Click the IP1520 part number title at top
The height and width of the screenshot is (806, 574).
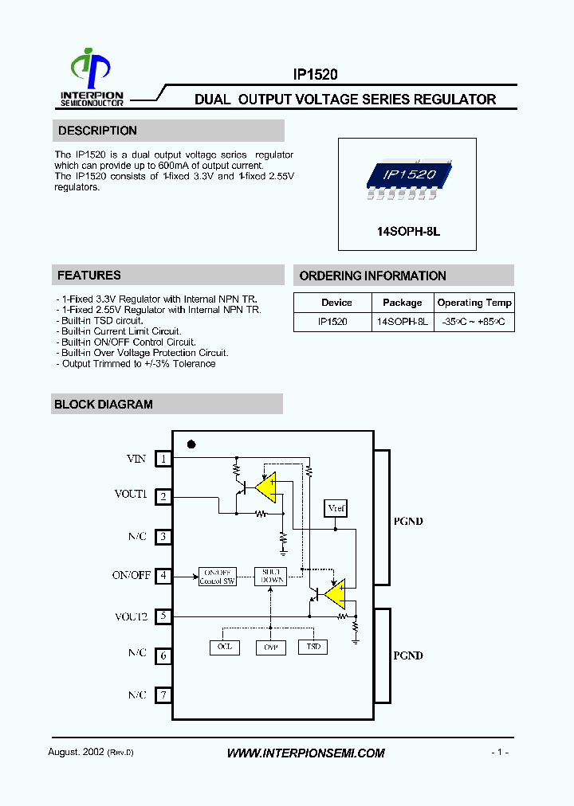tap(316, 74)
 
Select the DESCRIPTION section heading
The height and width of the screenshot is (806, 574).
tap(97, 131)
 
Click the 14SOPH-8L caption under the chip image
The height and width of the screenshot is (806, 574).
tap(408, 231)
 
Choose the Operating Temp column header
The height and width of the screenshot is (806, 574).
tap(474, 303)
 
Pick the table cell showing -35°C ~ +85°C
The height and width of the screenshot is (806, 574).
tap(474, 322)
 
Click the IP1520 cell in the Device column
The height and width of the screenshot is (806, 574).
tap(333, 322)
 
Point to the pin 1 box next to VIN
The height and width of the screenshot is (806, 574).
tap(163, 459)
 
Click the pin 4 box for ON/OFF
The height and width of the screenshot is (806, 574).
tap(163, 575)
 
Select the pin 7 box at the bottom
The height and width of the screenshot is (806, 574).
tap(163, 694)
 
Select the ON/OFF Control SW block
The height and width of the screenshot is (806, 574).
tap(218, 577)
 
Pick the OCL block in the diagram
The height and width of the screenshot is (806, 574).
tap(224, 647)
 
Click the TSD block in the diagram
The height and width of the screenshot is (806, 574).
tap(313, 647)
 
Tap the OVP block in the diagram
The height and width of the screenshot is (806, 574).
tap(269, 648)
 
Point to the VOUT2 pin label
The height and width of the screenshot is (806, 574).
tap(131, 616)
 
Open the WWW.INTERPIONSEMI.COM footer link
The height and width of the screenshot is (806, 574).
tap(306, 753)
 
